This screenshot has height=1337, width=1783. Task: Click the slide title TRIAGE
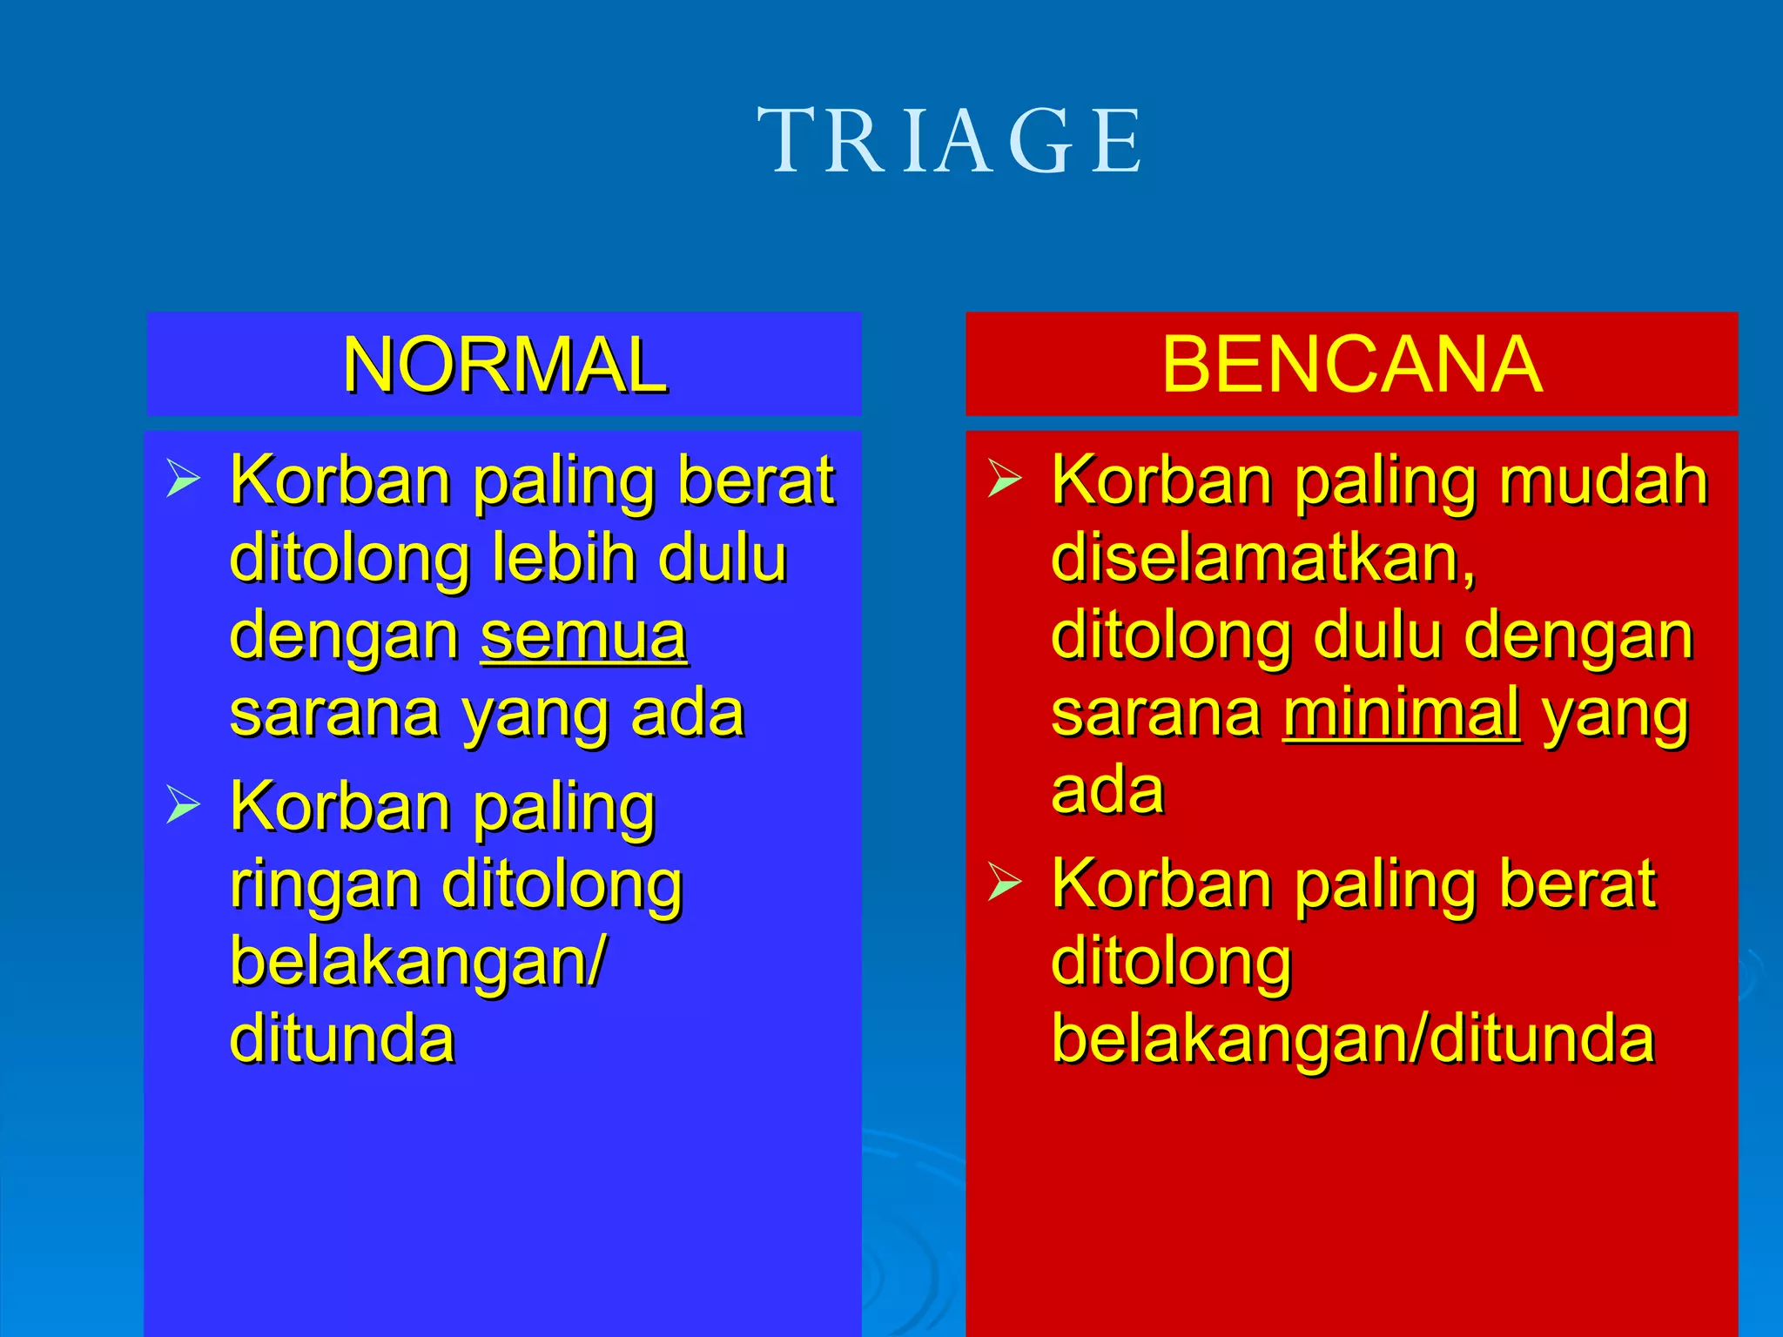[949, 141]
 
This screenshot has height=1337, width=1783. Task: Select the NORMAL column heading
[504, 365]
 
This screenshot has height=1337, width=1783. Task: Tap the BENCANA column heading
[1351, 365]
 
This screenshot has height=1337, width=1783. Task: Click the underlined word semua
[583, 637]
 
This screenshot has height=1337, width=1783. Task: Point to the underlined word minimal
[1402, 714]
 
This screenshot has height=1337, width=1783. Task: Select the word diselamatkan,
[1262, 559]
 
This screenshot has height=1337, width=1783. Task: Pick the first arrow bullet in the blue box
[183, 479]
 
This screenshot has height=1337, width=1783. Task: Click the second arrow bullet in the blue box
[183, 805]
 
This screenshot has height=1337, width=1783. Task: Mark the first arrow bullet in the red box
[1005, 479]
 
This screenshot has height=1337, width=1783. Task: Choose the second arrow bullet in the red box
[1005, 883]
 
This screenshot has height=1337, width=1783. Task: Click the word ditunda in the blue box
[342, 1039]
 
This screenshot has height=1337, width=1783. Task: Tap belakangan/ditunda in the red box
[1352, 1039]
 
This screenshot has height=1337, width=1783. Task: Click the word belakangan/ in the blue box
[418, 963]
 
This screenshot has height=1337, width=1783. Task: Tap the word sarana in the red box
[1155, 714]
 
